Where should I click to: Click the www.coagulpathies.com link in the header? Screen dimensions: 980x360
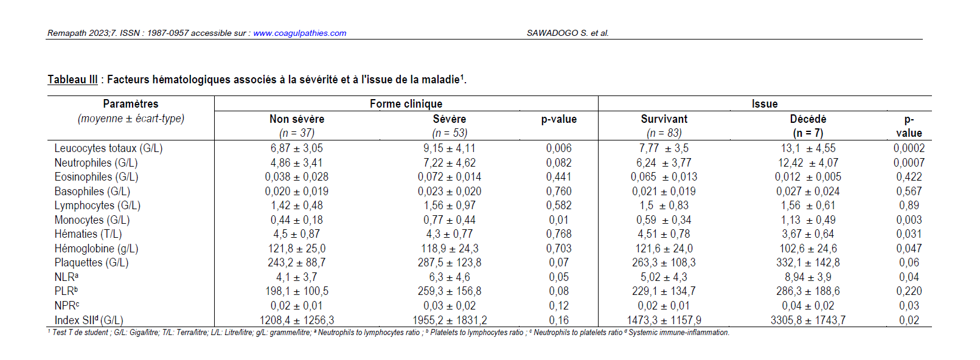[300, 33]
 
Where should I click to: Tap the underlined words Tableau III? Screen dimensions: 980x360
[72, 80]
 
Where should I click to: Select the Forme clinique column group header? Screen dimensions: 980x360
[406, 103]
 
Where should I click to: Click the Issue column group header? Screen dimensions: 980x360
[765, 103]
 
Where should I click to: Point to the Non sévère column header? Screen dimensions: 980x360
[297, 119]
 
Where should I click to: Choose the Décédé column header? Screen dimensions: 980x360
[808, 119]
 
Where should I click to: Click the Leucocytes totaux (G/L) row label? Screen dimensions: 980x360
[108, 148]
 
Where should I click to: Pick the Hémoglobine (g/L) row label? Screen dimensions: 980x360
[96, 249]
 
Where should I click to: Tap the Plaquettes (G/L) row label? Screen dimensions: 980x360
[91, 263]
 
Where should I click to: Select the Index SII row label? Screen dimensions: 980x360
[89, 320]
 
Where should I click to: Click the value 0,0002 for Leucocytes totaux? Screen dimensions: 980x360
[909, 148]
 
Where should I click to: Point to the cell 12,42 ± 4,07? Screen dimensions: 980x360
[808, 163]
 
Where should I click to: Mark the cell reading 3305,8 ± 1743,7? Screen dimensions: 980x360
[808, 320]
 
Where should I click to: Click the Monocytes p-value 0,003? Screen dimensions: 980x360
[909, 220]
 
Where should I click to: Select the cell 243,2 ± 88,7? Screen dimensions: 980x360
[297, 263]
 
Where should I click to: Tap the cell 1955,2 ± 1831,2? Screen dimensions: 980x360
[450, 320]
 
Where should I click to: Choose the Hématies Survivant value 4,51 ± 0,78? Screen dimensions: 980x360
[664, 234]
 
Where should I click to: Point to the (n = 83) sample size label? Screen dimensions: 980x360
[664, 133]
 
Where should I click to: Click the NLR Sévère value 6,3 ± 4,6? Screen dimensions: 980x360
[450, 277]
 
